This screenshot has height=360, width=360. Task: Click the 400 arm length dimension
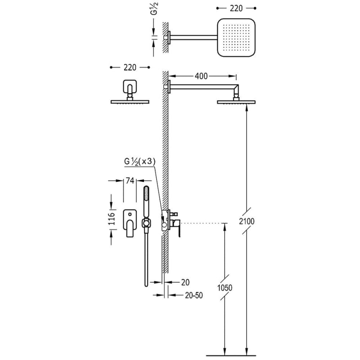tap(201, 76)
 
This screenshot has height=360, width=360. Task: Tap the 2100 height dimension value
tap(247, 221)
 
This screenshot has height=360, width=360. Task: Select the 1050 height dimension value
tap(225, 288)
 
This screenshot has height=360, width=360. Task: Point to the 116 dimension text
tap(111, 219)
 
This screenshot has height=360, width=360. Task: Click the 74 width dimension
tap(130, 181)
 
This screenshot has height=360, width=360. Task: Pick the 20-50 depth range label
tap(194, 296)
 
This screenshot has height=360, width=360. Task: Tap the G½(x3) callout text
tap(140, 162)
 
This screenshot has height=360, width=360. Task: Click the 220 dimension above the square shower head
tap(236, 9)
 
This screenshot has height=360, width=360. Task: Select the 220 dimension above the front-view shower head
tap(130, 67)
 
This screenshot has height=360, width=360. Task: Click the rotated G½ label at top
tap(154, 9)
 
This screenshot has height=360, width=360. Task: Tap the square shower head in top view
tap(236, 37)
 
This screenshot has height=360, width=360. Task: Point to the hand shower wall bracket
tap(146, 223)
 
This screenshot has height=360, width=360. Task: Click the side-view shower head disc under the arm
tap(236, 102)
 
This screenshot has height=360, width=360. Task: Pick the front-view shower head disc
tap(130, 102)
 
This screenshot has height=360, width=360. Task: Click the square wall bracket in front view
tap(130, 86)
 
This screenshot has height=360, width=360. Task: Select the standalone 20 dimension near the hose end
tap(185, 283)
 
